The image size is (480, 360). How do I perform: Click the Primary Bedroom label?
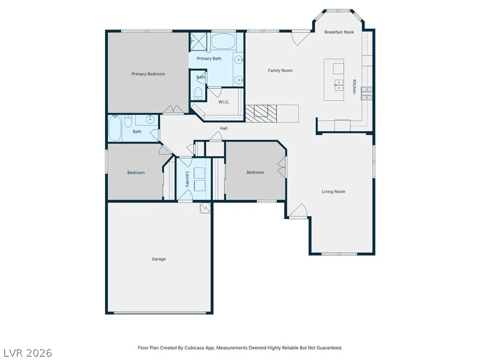point(148,74)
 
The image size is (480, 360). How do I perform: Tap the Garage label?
point(158,259)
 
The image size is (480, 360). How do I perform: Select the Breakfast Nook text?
point(339,32)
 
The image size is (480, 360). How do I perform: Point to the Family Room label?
point(280,70)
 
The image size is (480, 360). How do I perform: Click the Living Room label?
point(333,192)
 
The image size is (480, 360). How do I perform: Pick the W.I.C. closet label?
point(224,102)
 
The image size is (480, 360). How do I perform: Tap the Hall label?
point(224,128)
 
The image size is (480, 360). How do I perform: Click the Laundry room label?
point(187,179)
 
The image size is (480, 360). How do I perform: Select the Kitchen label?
point(354,87)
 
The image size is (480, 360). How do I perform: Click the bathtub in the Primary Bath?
point(224,41)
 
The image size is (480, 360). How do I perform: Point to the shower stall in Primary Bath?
point(198,41)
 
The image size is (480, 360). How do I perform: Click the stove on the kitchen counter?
point(367,94)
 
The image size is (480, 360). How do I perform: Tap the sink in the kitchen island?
point(338,85)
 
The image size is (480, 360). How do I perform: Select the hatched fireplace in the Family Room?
point(261,113)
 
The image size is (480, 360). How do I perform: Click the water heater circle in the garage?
point(205,208)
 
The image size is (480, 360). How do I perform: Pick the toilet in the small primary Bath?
point(198,93)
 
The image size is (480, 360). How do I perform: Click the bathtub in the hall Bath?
point(115,128)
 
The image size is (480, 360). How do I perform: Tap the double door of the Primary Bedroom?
point(173,110)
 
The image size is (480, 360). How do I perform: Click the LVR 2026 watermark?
point(28,353)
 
